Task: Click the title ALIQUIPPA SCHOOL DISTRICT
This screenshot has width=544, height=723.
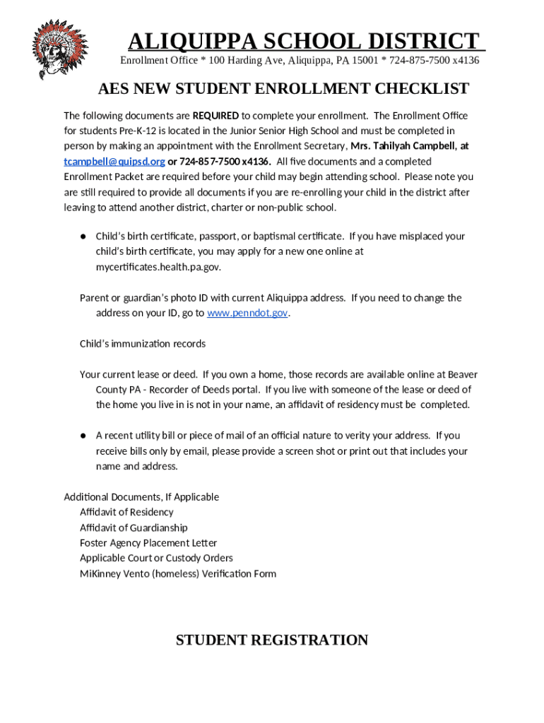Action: (x=303, y=40)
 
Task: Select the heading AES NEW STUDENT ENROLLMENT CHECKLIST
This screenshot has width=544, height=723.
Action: (x=283, y=88)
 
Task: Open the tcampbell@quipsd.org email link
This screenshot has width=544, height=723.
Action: (x=114, y=162)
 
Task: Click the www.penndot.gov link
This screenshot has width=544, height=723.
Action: (x=247, y=313)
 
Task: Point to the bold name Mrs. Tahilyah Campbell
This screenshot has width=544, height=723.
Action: (x=402, y=146)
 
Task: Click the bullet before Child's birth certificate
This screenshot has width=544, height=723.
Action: (x=83, y=237)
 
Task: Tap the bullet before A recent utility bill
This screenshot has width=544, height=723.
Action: (x=83, y=436)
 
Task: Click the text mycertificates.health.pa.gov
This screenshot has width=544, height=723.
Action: (x=163, y=268)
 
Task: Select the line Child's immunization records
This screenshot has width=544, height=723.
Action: (x=143, y=344)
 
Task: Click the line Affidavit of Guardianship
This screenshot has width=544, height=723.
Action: (x=134, y=527)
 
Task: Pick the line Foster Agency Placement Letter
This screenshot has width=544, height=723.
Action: (x=148, y=543)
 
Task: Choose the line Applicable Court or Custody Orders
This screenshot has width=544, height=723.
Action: (x=156, y=558)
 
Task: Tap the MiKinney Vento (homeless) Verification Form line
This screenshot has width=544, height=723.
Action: (x=178, y=573)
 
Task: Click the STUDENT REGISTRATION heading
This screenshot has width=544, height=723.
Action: (x=272, y=640)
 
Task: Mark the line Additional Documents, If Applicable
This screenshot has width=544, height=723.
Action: (x=141, y=497)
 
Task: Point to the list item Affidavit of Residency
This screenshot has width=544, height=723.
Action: (x=126, y=512)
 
